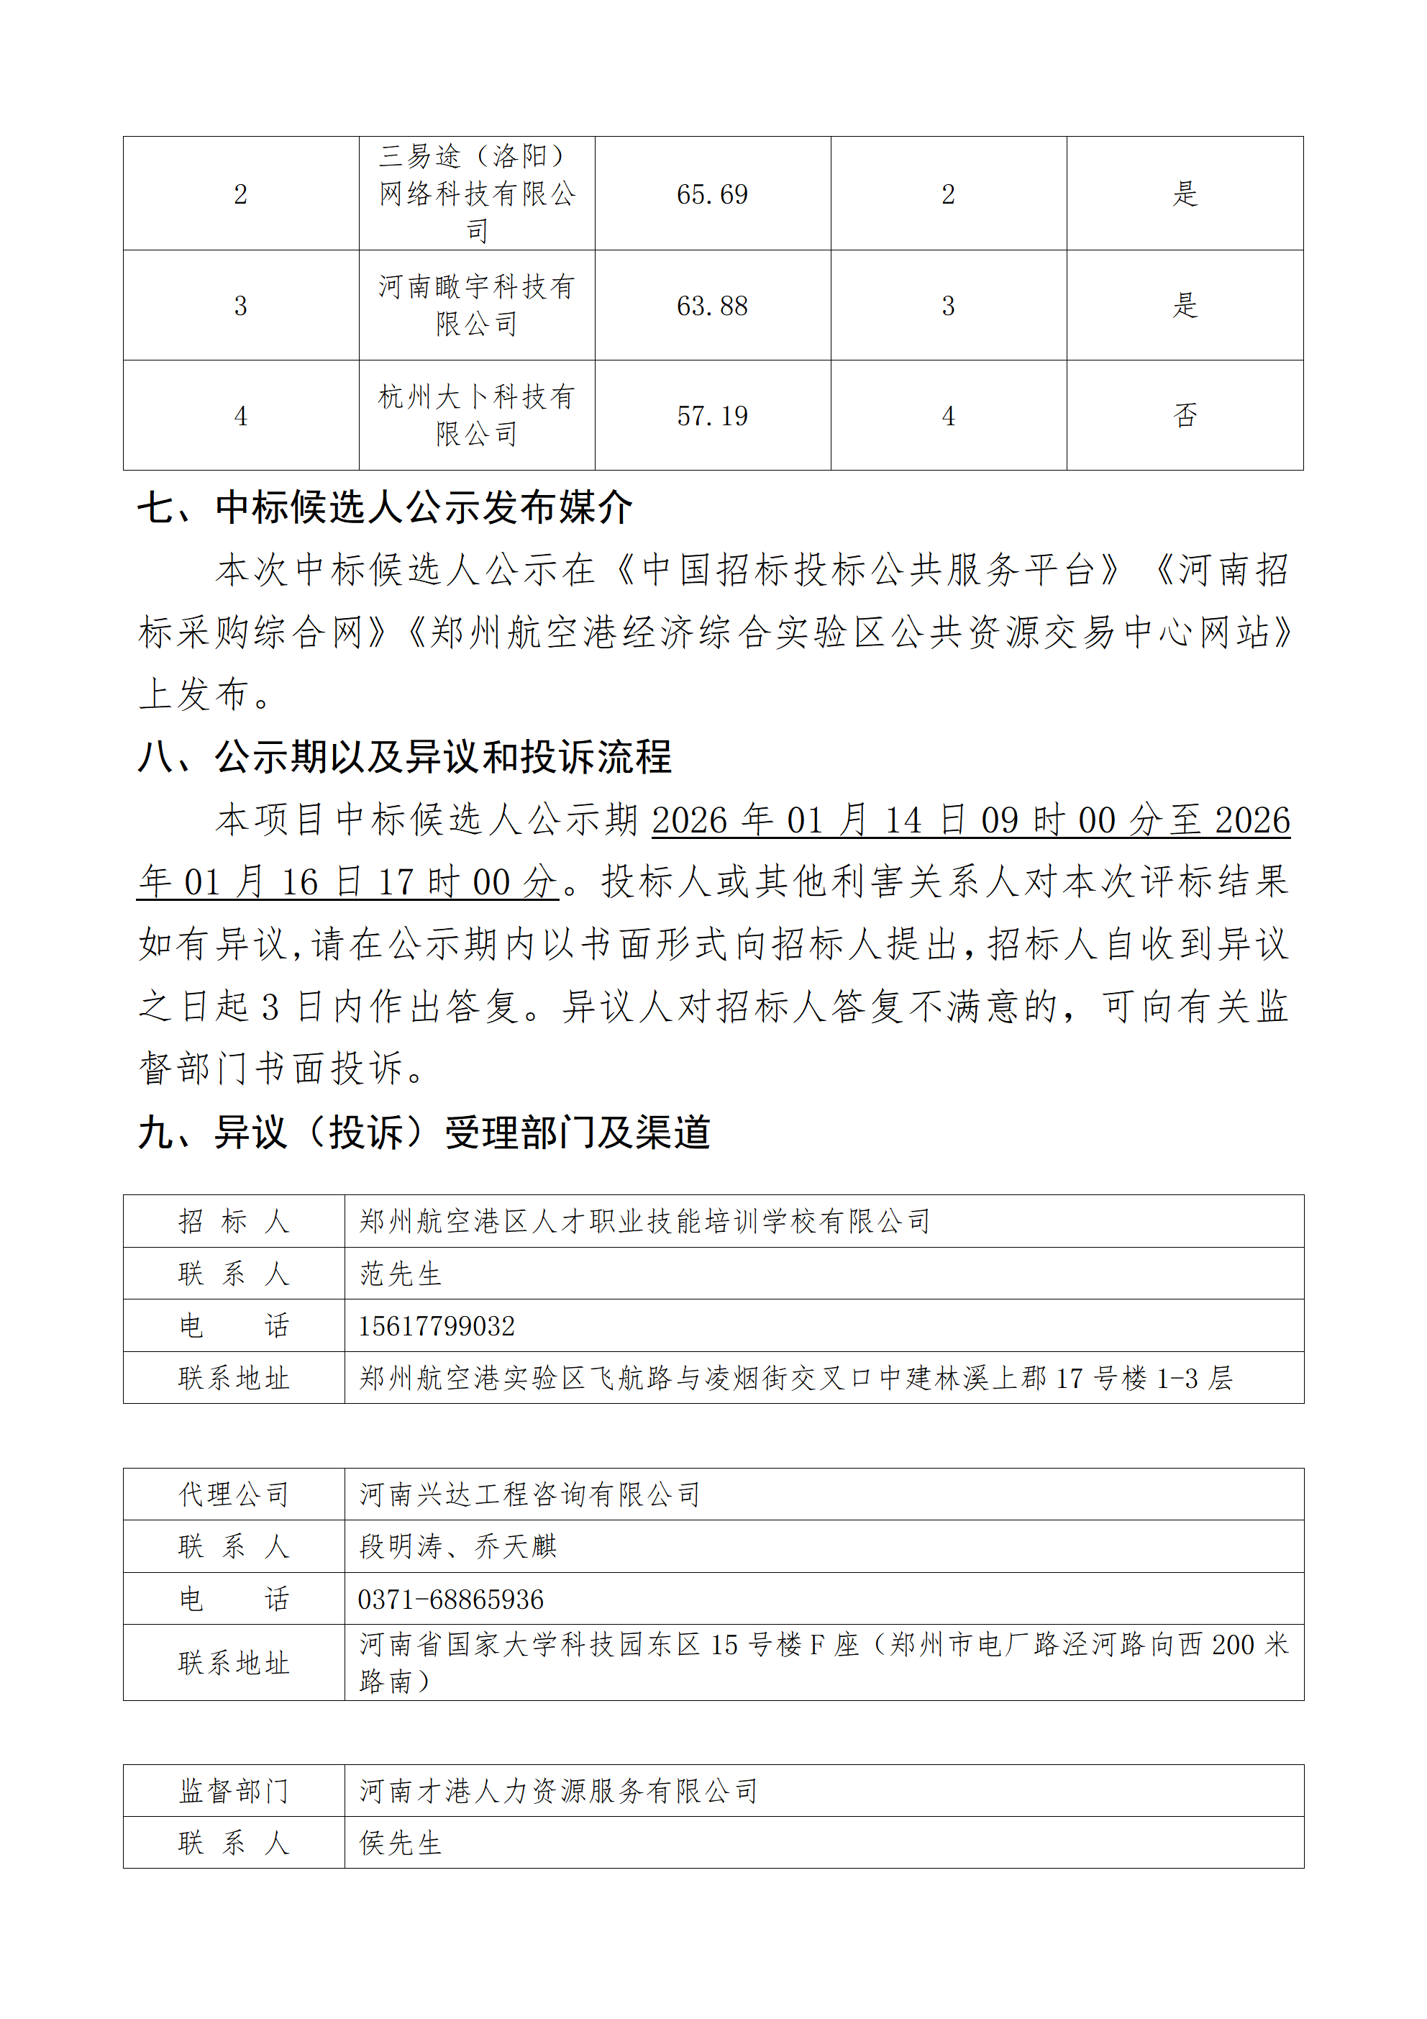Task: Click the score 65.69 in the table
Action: click(711, 194)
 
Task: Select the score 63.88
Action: click(711, 306)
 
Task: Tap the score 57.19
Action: click(711, 416)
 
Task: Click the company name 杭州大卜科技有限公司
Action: click(477, 415)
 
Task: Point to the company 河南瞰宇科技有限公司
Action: click(477, 305)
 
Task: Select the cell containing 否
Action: click(1185, 416)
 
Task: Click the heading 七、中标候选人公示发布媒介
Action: click(385, 508)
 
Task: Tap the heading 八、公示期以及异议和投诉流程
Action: click(404, 757)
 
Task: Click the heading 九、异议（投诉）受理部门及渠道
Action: click(424, 1133)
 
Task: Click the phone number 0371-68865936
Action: click(450, 1599)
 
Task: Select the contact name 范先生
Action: click(400, 1274)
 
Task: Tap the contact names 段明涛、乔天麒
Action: click(458, 1547)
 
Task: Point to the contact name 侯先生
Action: click(400, 1843)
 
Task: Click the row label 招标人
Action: click(234, 1222)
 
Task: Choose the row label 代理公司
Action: click(234, 1494)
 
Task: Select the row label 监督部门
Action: click(234, 1791)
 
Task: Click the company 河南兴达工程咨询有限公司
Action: click(529, 1494)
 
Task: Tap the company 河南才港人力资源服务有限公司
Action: click(558, 1791)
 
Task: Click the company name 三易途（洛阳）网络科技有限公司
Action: click(477, 194)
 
